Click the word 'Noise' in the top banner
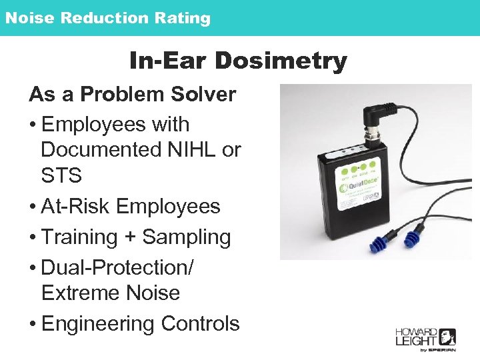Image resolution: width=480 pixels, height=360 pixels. point(29,18)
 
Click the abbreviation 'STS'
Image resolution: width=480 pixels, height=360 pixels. point(61,177)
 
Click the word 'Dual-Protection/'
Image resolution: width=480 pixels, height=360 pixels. point(117,267)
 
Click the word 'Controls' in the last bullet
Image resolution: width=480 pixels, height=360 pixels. point(200,323)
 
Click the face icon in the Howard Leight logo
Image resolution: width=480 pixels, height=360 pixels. point(445,337)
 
